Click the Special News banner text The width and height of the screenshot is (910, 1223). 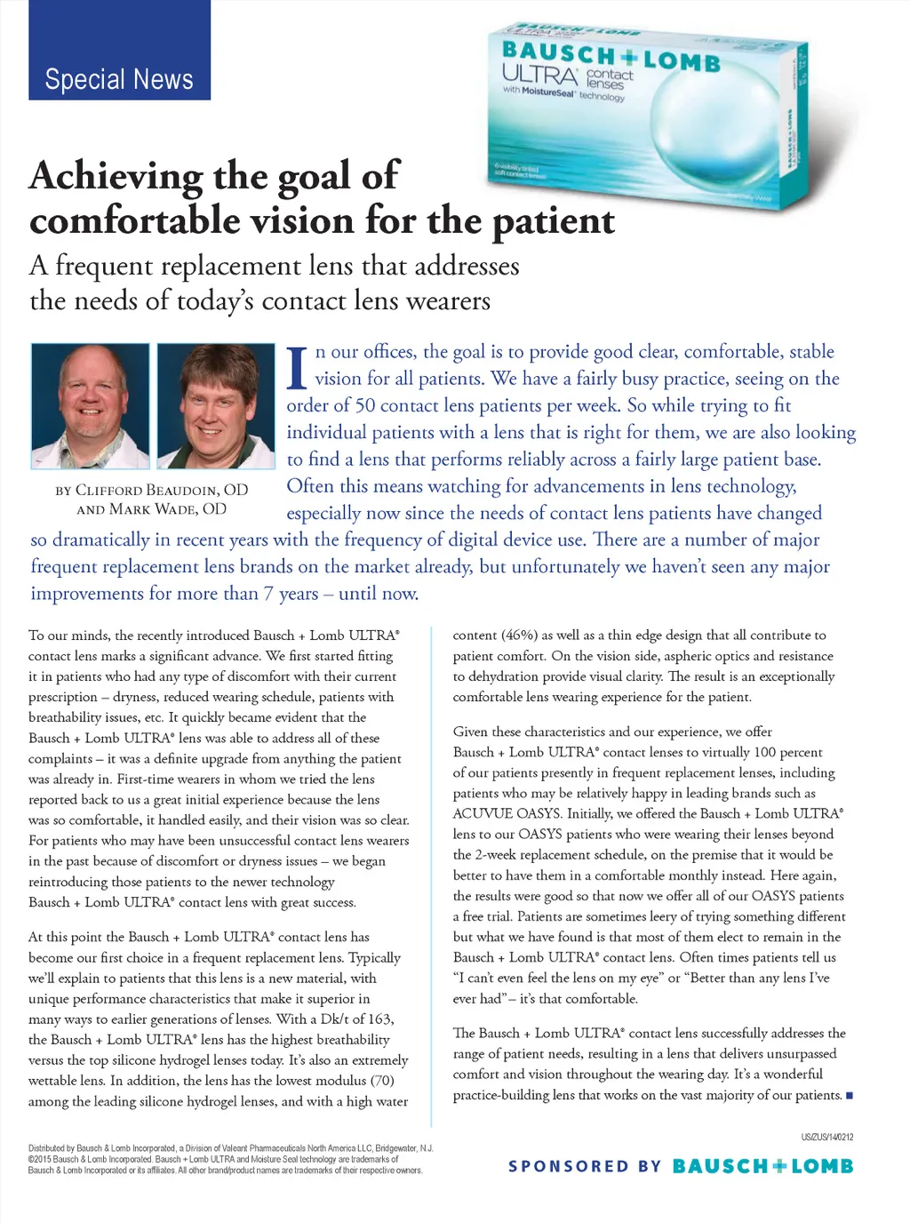point(119,79)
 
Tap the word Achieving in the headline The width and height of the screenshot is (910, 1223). point(116,176)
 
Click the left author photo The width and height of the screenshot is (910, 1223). point(91,405)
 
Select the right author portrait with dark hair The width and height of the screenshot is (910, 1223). point(216,405)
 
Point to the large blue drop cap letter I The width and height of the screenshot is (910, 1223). point(297,368)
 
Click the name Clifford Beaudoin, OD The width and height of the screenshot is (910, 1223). point(152,490)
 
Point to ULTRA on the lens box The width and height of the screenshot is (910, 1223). point(539,75)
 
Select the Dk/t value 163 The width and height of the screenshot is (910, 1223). point(379,1019)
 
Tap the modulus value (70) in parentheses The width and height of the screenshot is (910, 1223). point(382,1081)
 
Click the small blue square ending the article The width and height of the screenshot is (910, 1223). point(849,1095)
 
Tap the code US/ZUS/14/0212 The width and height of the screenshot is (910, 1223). point(826,1137)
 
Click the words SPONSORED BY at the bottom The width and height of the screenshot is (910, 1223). point(584,1166)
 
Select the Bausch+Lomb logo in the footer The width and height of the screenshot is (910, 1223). point(762,1166)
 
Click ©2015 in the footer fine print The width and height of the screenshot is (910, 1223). point(40,1159)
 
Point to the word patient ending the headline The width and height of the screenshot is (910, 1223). point(554,221)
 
